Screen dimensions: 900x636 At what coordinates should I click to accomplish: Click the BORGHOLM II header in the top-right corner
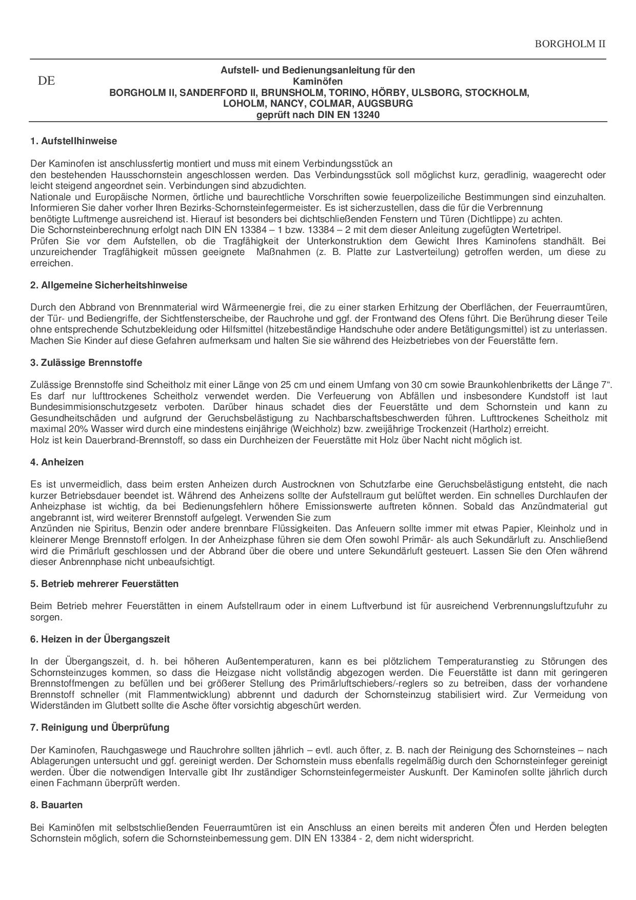(570, 44)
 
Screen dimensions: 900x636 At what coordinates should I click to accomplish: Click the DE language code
(46, 81)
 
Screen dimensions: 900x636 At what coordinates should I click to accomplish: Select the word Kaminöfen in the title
(317, 82)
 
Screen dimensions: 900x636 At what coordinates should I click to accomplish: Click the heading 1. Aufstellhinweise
(73, 141)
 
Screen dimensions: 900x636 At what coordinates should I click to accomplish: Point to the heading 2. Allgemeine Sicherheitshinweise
(109, 285)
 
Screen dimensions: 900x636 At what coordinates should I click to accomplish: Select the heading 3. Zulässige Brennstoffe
(86, 363)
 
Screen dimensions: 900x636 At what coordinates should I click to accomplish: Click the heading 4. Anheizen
(57, 462)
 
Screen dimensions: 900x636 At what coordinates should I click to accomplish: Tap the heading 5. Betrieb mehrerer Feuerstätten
(104, 584)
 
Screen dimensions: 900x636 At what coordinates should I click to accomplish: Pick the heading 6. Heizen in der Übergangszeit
(100, 639)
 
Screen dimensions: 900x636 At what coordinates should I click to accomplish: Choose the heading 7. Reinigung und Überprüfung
(100, 728)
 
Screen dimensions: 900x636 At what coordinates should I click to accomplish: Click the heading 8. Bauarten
(56, 805)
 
